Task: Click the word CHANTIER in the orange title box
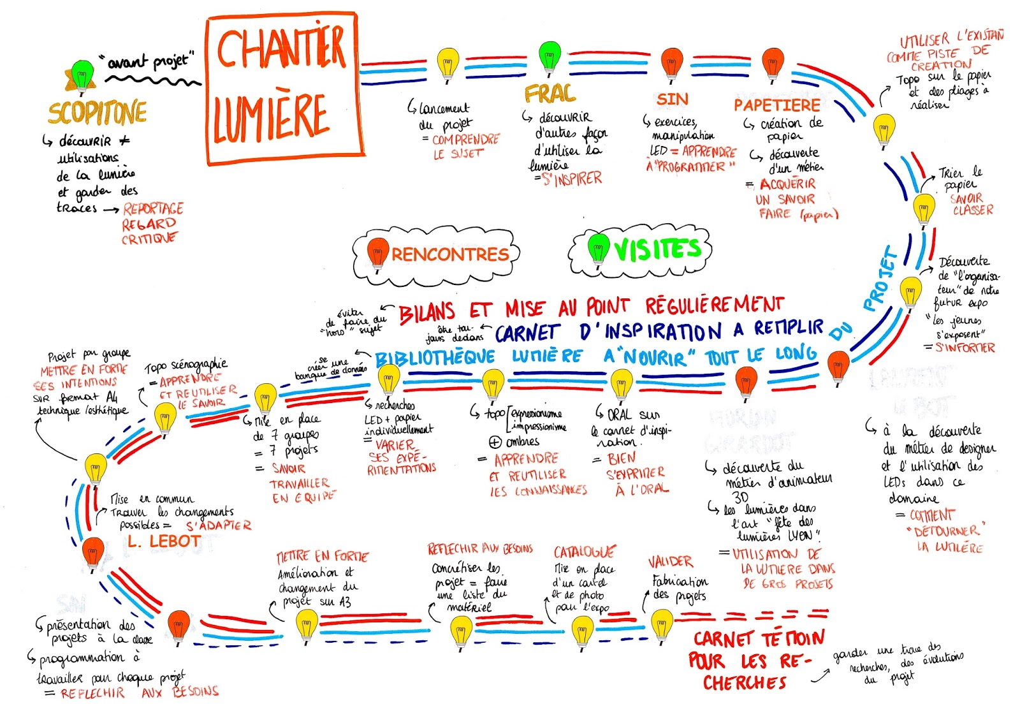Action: click(x=281, y=50)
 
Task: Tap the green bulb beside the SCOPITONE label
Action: click(x=82, y=75)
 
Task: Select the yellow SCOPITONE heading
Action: click(x=98, y=113)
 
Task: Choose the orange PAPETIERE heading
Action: click(x=777, y=105)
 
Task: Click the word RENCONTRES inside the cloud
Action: click(x=450, y=254)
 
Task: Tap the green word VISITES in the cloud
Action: click(x=657, y=249)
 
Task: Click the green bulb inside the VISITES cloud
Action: click(x=598, y=247)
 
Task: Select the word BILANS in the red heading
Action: click(x=427, y=312)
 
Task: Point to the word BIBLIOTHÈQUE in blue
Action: click(x=435, y=358)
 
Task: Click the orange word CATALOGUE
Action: click(x=585, y=552)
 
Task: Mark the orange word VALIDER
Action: click(x=670, y=562)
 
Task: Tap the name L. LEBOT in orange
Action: click(x=164, y=541)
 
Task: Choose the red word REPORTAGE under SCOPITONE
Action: click(x=153, y=209)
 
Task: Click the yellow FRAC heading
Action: click(x=550, y=94)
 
